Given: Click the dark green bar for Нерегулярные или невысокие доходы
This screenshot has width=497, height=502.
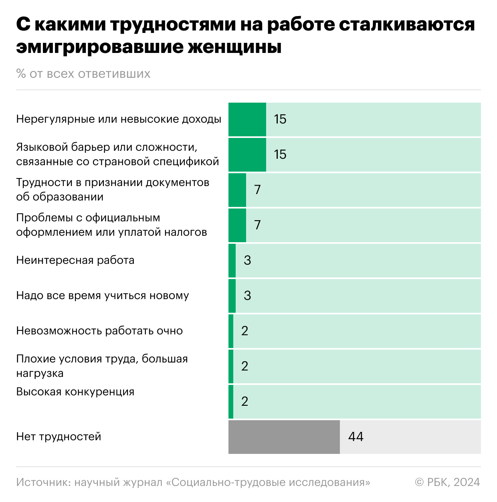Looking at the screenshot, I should point(247,119).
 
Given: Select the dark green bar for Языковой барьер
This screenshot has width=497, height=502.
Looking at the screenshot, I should point(247,154).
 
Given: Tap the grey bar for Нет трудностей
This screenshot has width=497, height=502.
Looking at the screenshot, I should point(284,437).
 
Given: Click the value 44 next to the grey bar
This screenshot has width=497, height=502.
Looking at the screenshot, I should point(356,437).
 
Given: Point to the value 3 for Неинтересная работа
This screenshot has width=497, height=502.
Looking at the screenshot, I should point(247,260).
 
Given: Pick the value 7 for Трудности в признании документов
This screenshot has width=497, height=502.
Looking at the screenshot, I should point(257,190).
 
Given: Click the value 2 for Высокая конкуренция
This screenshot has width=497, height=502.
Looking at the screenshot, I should point(244,401).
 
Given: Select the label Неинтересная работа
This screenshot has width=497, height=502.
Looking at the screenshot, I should point(75,260).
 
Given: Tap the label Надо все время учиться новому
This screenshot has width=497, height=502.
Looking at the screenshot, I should point(103,296).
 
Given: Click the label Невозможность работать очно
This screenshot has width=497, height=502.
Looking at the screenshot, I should point(99,331).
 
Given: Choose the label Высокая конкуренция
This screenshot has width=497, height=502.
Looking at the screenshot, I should point(75,392).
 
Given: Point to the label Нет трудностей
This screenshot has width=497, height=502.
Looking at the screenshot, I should point(59,437).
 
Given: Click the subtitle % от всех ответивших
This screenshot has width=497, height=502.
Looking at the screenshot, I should point(83,74).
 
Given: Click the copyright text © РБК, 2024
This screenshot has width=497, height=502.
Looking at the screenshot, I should point(447,482).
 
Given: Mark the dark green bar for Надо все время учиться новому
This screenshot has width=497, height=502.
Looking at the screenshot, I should point(232,296).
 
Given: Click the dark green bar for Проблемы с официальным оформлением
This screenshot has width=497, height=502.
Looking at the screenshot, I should point(237,225).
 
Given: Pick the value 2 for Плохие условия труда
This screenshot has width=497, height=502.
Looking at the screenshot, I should point(244,366).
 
